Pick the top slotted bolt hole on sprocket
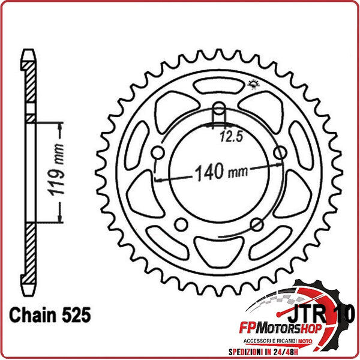[220, 113]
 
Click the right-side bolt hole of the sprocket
[279, 154]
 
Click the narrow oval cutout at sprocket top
[220, 86]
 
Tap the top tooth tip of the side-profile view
[28, 53]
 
